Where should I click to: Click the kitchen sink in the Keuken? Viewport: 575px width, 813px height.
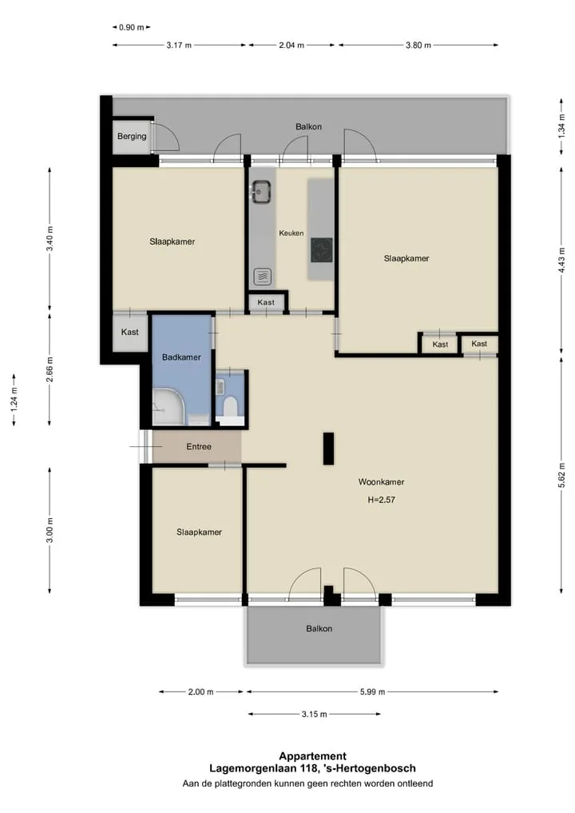pos(260,192)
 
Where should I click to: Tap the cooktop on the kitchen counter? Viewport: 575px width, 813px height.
pos(321,250)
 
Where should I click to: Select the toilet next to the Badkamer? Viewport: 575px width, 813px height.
pos(230,407)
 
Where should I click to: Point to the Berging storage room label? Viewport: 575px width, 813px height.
pos(132,137)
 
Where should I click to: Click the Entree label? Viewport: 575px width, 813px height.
pos(199,446)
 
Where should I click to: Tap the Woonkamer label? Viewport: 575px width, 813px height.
pos(381,482)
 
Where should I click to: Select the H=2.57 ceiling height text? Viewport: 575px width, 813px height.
pos(381,500)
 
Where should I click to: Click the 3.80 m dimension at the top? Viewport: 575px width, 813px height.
pos(418,45)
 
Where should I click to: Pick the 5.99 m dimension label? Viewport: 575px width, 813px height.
pos(372,691)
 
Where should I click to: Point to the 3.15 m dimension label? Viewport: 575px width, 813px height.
pos(315,714)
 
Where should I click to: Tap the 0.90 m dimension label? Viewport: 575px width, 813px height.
pos(132,27)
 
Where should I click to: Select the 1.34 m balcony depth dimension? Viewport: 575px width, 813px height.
pos(561,126)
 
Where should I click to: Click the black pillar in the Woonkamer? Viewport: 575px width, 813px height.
pos(328,448)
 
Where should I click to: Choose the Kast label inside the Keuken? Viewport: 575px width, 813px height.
pos(266,302)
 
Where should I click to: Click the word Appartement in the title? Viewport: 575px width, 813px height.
pos(313,756)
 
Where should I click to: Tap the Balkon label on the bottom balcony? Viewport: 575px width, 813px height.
pos(319,628)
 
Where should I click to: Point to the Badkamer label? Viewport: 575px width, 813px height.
pos(181,357)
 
